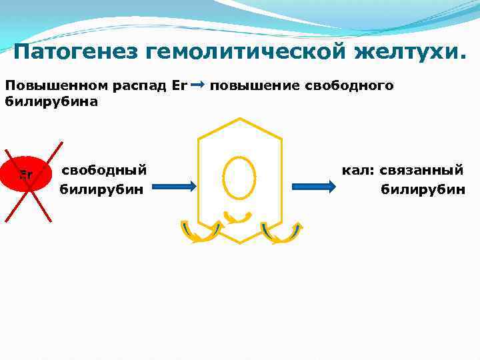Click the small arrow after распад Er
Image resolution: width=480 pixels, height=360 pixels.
tap(197, 85)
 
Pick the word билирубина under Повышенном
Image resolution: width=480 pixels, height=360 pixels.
tap(51, 101)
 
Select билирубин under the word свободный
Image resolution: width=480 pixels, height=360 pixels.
tap(102, 189)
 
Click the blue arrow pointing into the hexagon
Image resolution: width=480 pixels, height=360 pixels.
tap(178, 187)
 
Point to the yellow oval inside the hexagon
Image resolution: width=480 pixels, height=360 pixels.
tap(239, 177)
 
